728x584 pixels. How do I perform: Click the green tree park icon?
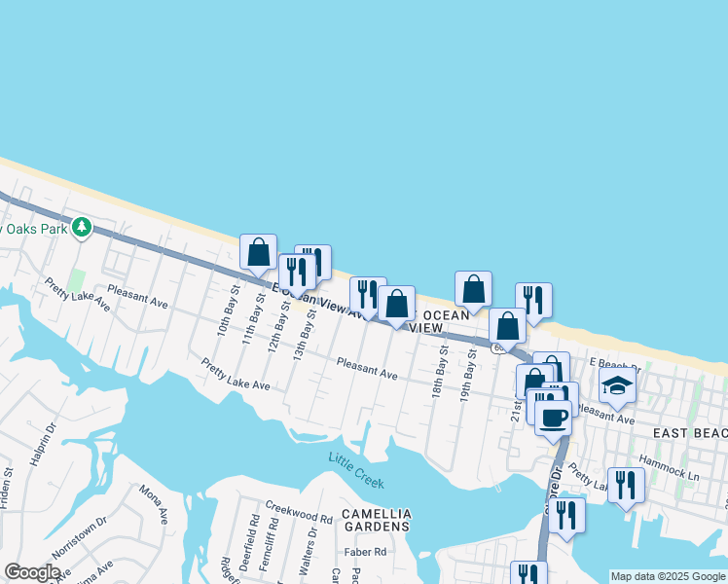pos(83,227)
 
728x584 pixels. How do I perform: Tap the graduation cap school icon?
pos(616,386)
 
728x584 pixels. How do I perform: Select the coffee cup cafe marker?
pos(554,418)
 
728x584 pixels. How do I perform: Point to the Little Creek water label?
pos(356,470)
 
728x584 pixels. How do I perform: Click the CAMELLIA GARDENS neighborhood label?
pos(377,520)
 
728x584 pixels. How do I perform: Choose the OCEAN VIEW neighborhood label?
pos(444,321)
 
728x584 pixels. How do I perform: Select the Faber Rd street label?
pos(366,552)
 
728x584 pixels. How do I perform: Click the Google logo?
pos(32,572)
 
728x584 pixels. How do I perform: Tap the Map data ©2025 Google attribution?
pos(668,576)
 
